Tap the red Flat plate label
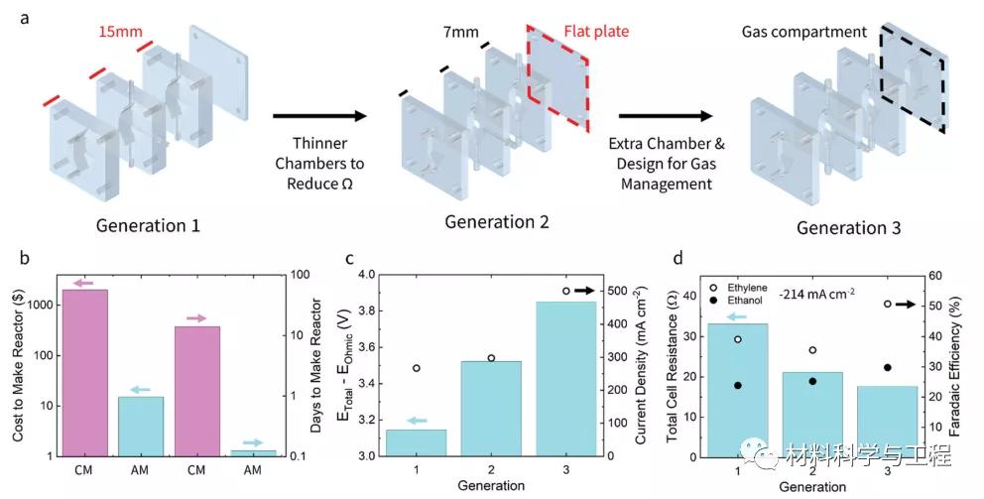pyautogui.click(x=596, y=31)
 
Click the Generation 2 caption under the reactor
pyautogui.click(x=497, y=221)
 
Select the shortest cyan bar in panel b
pyautogui.click(x=254, y=452)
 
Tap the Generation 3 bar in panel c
pyautogui.click(x=566, y=378)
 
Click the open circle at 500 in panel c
pyautogui.click(x=565, y=291)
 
